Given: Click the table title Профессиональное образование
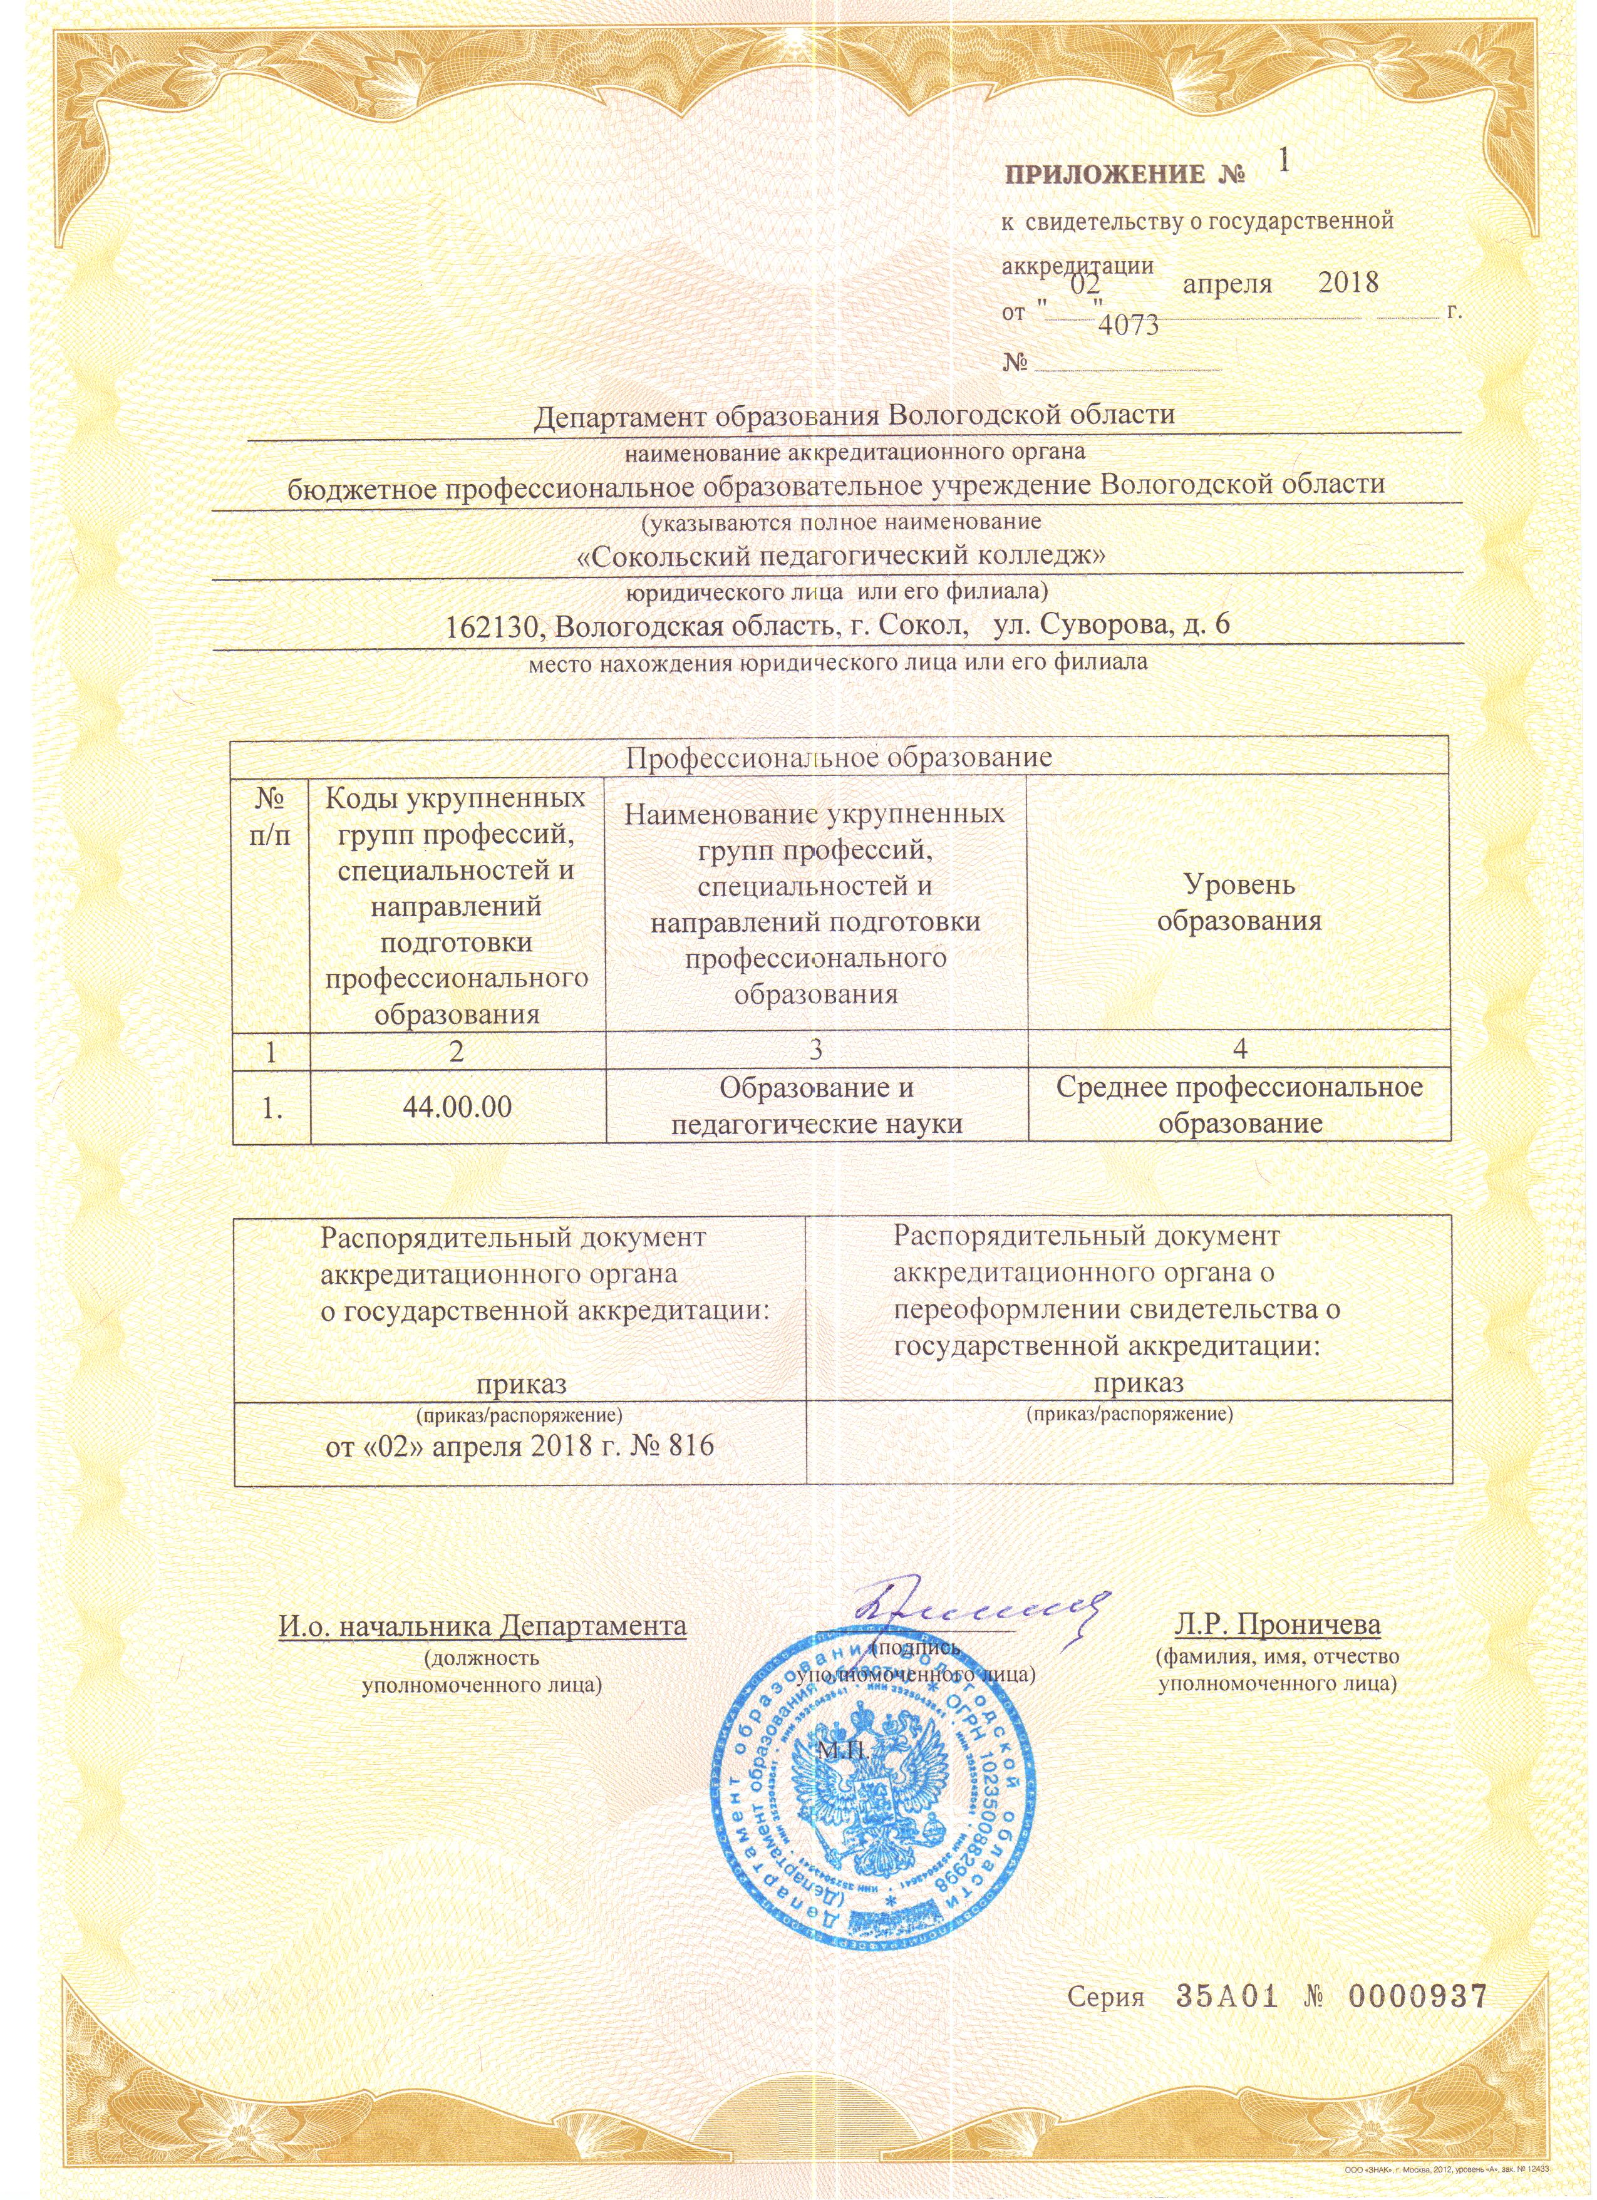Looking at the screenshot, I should click(839, 757).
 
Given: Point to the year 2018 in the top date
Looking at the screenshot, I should click(1348, 283).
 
